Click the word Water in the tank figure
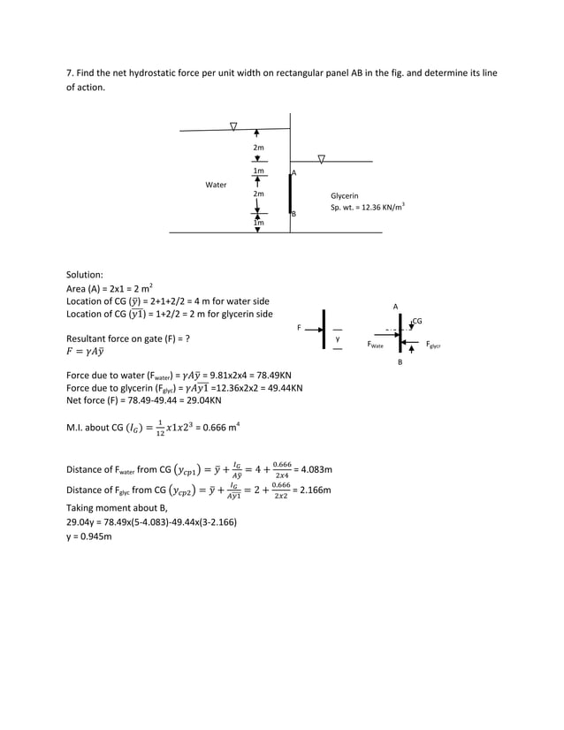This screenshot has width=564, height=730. (216, 186)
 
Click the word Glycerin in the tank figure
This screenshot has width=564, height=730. (345, 195)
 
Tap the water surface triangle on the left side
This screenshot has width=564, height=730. (233, 125)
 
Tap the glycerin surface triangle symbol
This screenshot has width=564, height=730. (321, 159)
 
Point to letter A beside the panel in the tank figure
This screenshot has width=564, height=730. (294, 173)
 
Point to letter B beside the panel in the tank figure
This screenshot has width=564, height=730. (294, 215)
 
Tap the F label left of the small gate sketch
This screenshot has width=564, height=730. (299, 328)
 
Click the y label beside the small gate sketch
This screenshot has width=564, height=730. (337, 338)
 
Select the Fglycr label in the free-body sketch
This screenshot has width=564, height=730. (434, 346)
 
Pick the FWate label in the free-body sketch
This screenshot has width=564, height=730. (376, 346)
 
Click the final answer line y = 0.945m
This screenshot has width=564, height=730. (89, 536)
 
